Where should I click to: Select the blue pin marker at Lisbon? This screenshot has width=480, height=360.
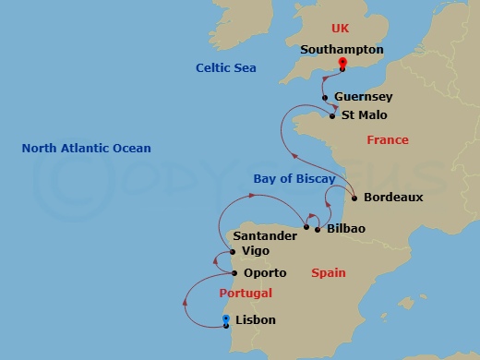coord(226,321)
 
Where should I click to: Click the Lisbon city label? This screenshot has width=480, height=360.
coord(256,320)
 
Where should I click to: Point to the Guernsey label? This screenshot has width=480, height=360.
coord(363,97)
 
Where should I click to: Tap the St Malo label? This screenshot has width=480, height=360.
coord(364,115)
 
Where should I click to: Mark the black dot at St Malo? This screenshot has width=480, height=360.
coord(332,116)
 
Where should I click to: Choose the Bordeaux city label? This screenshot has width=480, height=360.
coord(393,197)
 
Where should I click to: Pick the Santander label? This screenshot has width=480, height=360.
coord(268,236)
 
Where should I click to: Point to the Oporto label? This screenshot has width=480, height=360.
coord(265,273)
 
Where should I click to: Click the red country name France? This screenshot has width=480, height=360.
coord(387,140)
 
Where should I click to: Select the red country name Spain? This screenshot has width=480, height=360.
coord(328,273)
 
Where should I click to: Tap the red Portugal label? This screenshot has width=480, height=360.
coord(246,294)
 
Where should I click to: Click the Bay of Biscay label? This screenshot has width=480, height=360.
coord(294,178)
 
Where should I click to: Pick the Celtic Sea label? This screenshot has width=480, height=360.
coord(226,68)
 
